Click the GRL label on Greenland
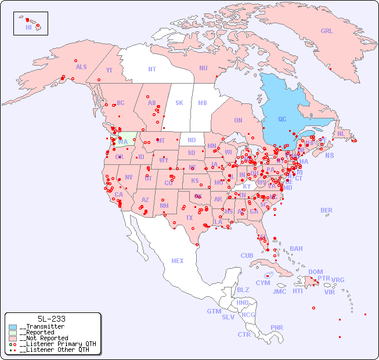pos(327,31)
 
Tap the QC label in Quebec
pos(282,120)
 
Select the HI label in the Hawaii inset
pos(28,27)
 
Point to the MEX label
pos(178,261)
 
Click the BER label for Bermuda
pos(327,210)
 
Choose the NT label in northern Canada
pos(152,69)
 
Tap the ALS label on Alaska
pos(81,67)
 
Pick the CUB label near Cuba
pos(247,255)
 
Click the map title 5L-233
pos(51,319)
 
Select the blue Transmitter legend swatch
pos(13,327)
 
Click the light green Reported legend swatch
pos(13,333)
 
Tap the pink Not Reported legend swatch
pos(13,338)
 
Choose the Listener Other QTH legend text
pos(55,350)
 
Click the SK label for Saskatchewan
pos(179,103)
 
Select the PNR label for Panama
pos(277,327)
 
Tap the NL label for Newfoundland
pos(341,133)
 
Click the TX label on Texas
pos(189,218)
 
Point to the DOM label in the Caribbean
pos(315,272)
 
